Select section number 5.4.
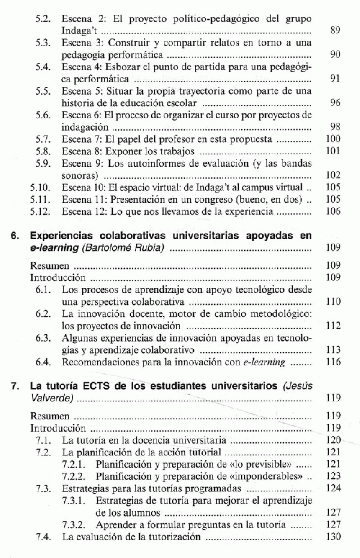coord(43,67)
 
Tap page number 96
coord(335,103)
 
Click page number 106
coord(334,211)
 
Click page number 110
coord(334,302)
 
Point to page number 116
coord(334,362)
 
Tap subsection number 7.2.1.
coord(76,465)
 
